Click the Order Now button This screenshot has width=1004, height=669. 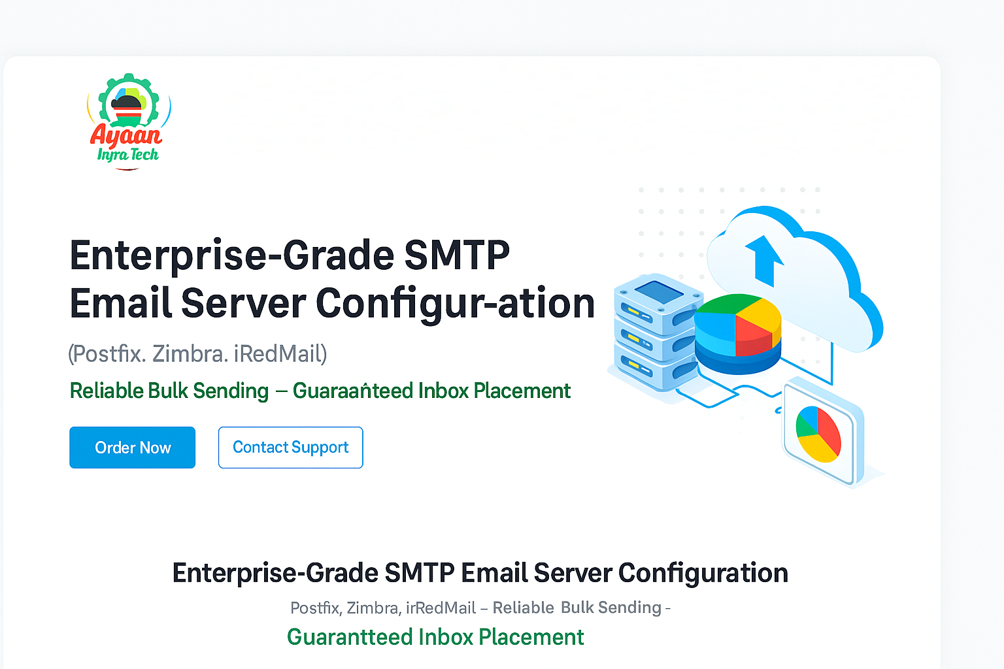point(132,448)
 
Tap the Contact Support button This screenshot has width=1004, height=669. point(290,448)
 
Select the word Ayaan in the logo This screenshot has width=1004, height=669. point(125,135)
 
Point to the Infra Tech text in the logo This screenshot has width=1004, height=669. point(128,155)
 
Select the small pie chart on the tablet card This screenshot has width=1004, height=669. point(818,434)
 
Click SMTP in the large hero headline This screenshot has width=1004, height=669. point(456,255)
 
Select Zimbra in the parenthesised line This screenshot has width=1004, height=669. point(190,354)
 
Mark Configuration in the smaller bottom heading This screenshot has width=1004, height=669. point(703,573)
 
